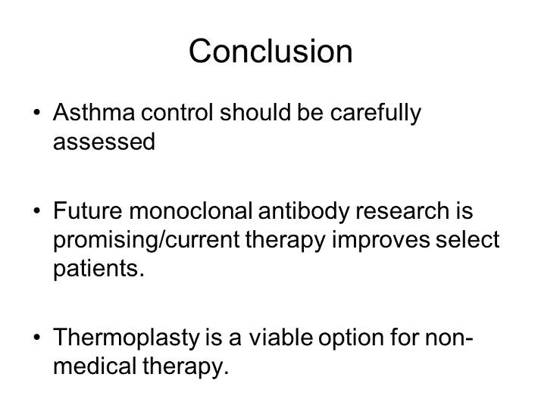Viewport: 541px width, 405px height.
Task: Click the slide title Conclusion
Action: (270, 51)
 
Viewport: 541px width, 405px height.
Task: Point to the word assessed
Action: (104, 142)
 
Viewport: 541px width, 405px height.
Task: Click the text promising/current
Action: (147, 241)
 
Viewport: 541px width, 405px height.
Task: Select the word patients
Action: (98, 269)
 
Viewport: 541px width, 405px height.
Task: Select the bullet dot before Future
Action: (36, 213)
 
